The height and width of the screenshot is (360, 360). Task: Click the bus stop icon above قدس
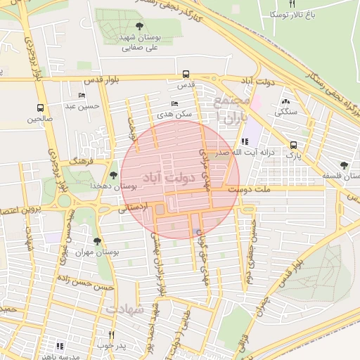(186, 73)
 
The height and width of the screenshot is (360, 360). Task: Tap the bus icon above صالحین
(40, 108)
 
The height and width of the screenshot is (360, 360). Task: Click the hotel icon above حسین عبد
(82, 96)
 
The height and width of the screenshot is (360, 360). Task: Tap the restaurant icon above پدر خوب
(111, 335)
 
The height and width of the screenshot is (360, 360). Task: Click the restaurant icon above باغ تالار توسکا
(292, 4)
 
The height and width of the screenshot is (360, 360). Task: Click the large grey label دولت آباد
(172, 179)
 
